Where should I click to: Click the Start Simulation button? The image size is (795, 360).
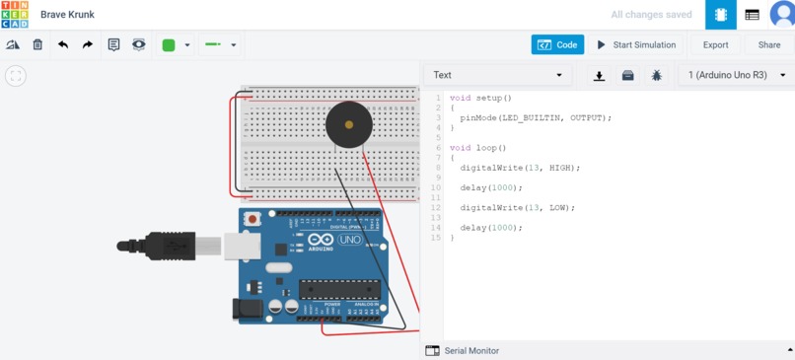tap(635, 44)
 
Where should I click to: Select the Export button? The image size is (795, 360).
tap(715, 44)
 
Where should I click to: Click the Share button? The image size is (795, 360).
tap(768, 44)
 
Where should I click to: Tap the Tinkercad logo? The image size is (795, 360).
tap(15, 15)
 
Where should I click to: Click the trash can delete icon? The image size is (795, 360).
tap(37, 44)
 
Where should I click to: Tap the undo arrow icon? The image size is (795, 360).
tap(63, 44)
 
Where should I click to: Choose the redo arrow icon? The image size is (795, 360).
tap(88, 44)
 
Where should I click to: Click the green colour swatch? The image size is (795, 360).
tap(169, 44)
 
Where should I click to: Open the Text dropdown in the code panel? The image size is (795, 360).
tap(497, 75)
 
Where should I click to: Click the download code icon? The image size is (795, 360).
tap(599, 75)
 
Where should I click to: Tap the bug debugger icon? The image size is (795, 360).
tap(656, 75)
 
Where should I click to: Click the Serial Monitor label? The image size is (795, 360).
tap(471, 350)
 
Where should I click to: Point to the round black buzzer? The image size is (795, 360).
tap(348, 124)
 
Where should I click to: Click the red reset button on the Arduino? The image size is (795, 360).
tap(253, 218)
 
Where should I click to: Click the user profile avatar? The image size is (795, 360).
tap(781, 15)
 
